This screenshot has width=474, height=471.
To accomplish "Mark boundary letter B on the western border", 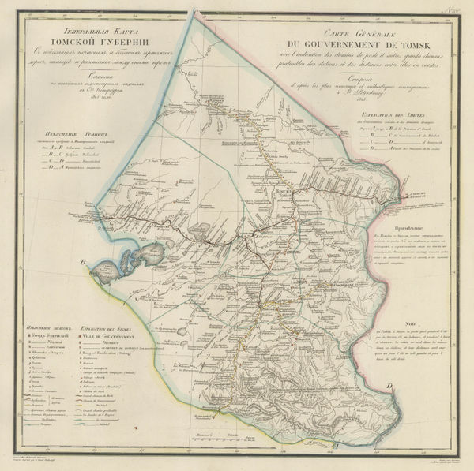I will [x=81, y=263].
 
